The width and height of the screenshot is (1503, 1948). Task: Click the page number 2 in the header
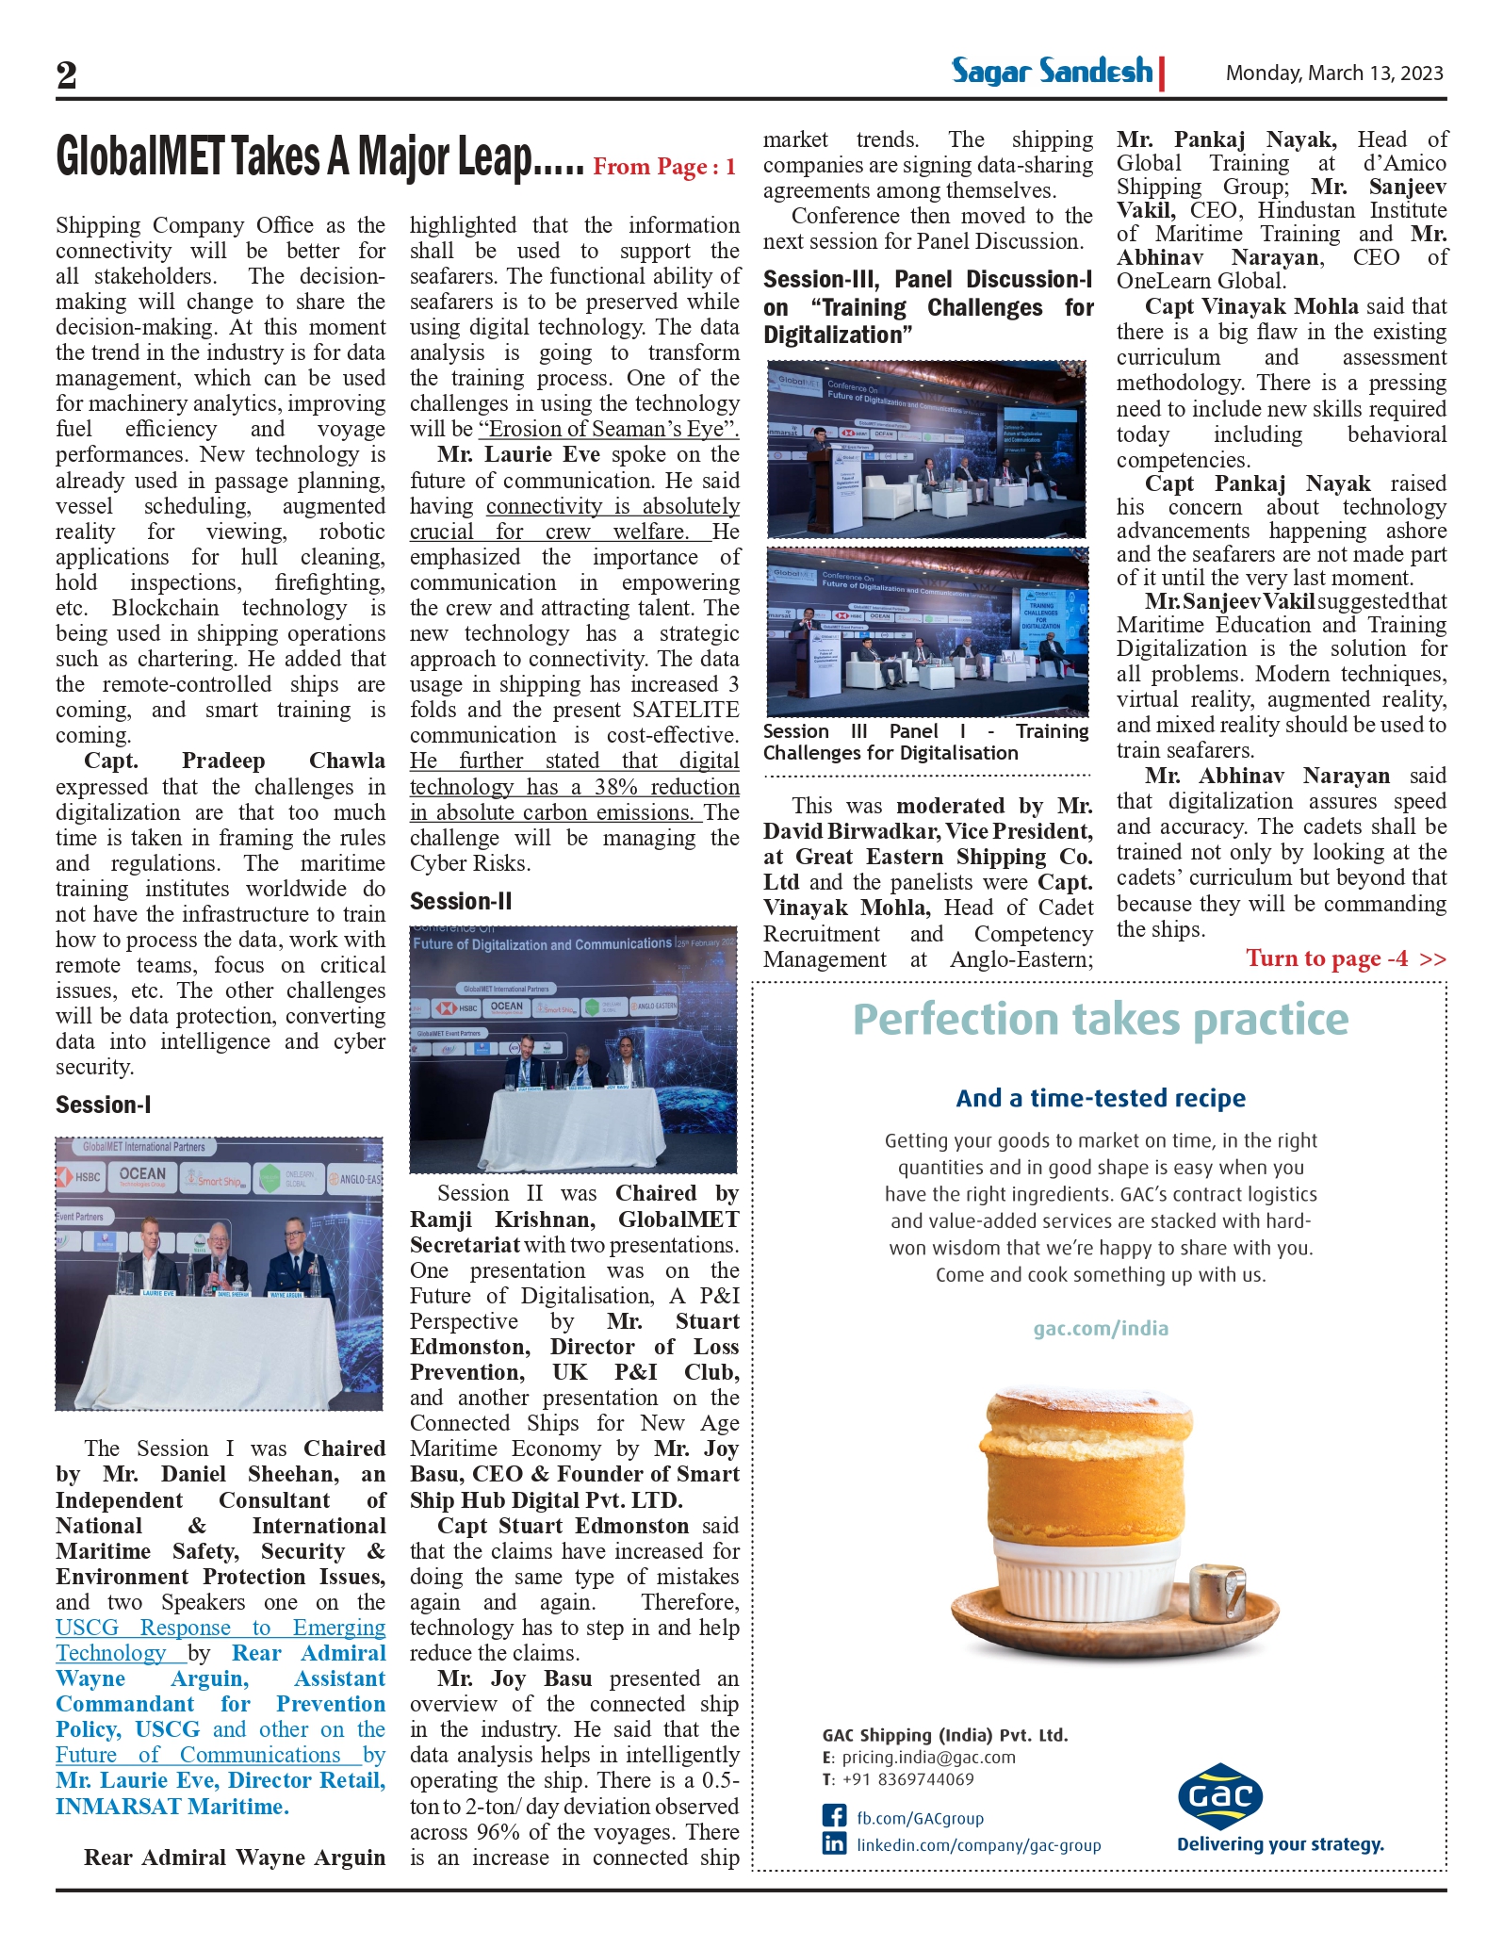coord(67,74)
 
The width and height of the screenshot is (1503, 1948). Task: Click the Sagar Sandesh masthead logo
coord(1053,72)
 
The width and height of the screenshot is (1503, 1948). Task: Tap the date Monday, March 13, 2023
coord(1333,74)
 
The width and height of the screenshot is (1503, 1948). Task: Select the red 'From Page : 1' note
coord(664,168)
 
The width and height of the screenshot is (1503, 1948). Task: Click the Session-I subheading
coord(104,1105)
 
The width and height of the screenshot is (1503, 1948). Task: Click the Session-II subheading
coord(461,901)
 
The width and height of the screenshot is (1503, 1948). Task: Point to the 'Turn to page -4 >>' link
coord(1345,958)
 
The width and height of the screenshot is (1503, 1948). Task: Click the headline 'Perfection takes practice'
coord(1100,1020)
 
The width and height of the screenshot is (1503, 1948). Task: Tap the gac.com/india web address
coord(1100,1328)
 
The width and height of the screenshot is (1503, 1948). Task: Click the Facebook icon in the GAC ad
coord(834,1816)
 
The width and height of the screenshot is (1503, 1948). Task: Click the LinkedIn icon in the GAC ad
coord(834,1843)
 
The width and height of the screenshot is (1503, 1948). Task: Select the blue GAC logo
coord(1220,1795)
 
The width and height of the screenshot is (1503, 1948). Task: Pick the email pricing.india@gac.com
coord(928,1757)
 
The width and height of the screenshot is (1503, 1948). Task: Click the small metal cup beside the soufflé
coord(1219,1593)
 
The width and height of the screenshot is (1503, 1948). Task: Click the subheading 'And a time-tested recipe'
coord(1100,1098)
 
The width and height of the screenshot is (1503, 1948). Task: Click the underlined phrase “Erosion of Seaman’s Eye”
coord(609,429)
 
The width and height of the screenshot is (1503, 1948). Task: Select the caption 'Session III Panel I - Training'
coord(925,731)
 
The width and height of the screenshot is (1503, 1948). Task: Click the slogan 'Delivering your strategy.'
coord(1280,1844)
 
